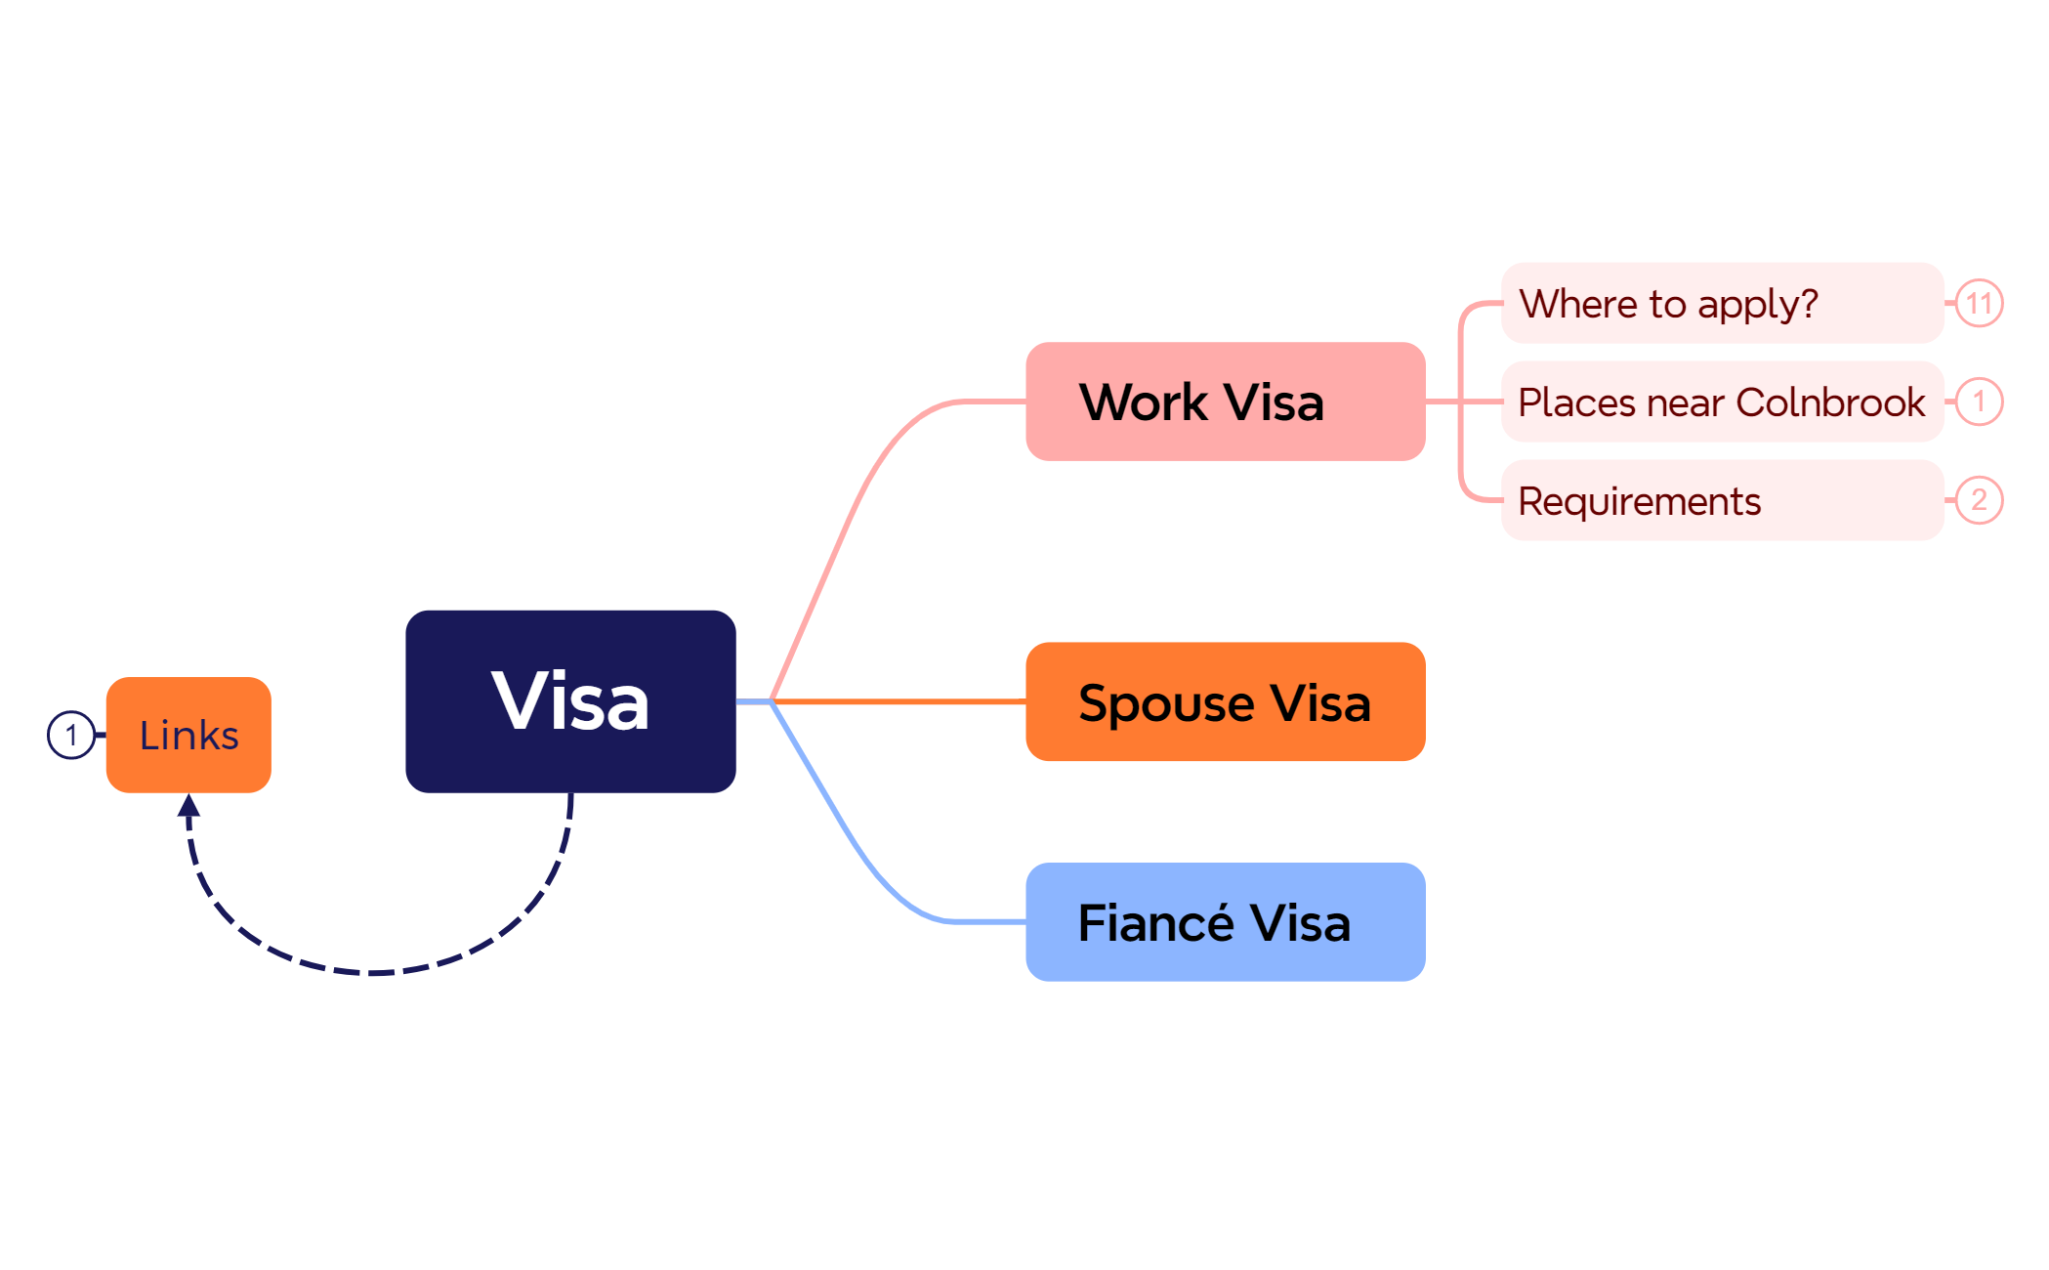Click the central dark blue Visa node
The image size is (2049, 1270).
click(570, 701)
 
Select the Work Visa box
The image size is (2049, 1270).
click(1225, 402)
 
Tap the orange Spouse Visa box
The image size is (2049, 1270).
click(1225, 701)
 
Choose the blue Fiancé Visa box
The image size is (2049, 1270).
click(1225, 922)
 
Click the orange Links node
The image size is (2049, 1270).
click(188, 735)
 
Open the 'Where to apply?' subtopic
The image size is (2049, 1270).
click(1722, 303)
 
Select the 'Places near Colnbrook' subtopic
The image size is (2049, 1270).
click(1722, 402)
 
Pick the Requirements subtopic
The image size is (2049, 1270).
click(1722, 500)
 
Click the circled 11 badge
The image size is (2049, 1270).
click(1979, 303)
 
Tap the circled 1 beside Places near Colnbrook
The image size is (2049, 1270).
click(1979, 402)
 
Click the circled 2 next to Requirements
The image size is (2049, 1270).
click(1979, 500)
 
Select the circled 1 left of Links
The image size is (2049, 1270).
click(71, 735)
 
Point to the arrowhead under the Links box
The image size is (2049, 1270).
click(188, 805)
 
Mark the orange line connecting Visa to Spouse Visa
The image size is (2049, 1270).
click(899, 701)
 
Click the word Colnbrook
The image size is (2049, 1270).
click(1830, 402)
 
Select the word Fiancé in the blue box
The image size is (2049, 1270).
click(1156, 921)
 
